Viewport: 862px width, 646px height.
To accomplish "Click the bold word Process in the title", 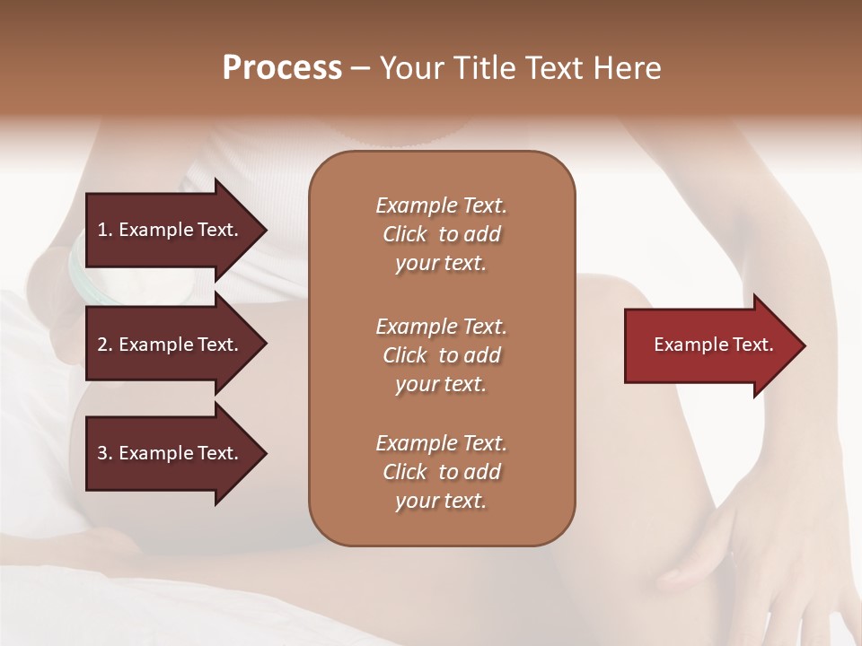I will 282,68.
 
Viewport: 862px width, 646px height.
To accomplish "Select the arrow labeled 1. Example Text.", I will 171,230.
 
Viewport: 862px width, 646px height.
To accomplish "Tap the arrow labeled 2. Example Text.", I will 171,345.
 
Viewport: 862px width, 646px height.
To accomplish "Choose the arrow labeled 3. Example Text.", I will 171,453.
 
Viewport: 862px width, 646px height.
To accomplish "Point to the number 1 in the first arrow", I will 102,230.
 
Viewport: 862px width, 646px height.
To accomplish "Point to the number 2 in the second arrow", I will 102,345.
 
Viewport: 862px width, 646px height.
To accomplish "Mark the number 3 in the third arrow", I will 102,453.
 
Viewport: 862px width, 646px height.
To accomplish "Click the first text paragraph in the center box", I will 441,234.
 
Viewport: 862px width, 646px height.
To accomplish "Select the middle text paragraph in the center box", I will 441,355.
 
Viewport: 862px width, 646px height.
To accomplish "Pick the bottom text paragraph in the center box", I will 441,472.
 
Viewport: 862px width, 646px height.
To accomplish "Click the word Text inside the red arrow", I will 754,345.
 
